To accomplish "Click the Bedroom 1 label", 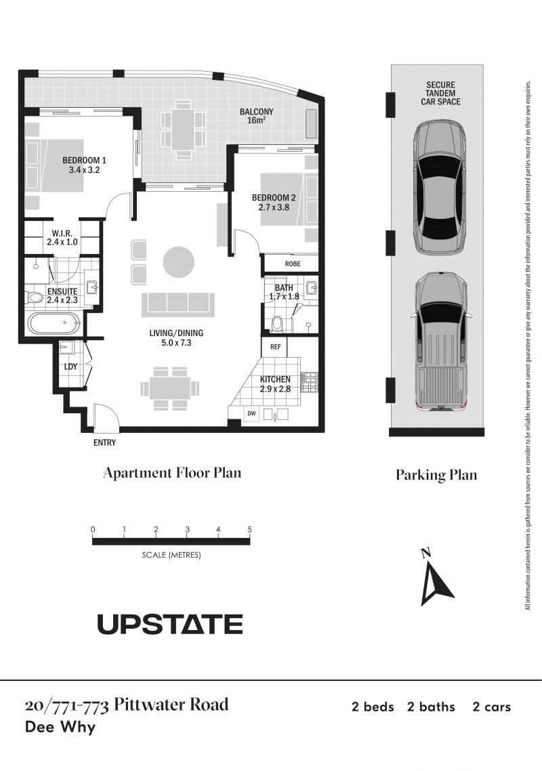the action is pyautogui.click(x=84, y=165).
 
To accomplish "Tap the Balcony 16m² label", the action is pyautogui.click(x=256, y=116).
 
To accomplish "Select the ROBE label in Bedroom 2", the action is pyautogui.click(x=293, y=264).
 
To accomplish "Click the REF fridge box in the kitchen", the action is pyautogui.click(x=276, y=347).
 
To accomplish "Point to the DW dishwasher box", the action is pyautogui.click(x=252, y=413).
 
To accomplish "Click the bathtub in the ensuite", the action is pyautogui.click(x=54, y=323).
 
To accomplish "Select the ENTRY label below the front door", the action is pyautogui.click(x=105, y=442).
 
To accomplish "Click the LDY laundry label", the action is pyautogui.click(x=71, y=367).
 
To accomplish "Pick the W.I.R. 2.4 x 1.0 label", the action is pyautogui.click(x=62, y=238).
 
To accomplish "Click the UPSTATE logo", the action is pyautogui.click(x=170, y=625).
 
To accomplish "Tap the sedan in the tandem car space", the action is pyautogui.click(x=439, y=188).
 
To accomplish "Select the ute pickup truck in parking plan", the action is pyautogui.click(x=440, y=341).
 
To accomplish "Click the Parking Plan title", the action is pyautogui.click(x=437, y=475).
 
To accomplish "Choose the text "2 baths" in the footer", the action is pyautogui.click(x=431, y=707).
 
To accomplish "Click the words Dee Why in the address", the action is pyautogui.click(x=60, y=727).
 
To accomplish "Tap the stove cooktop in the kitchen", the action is pyautogui.click(x=310, y=382).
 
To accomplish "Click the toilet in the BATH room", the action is pyautogui.click(x=277, y=323).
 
